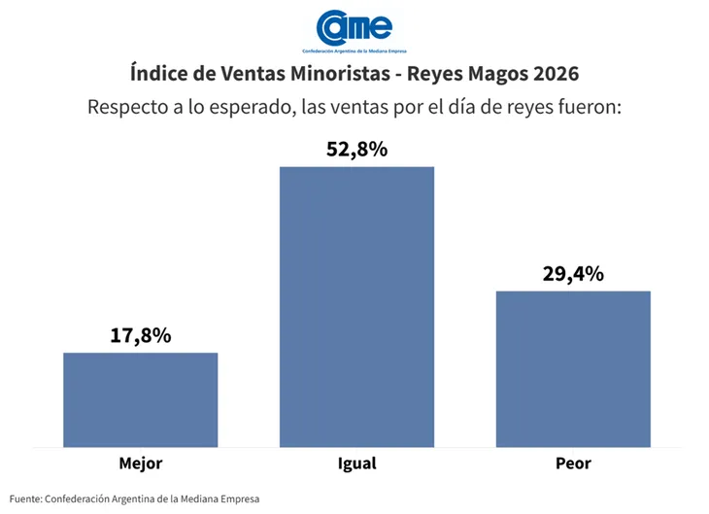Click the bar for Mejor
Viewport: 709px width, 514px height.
[x=141, y=399]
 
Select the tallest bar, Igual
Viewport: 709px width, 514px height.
[x=356, y=306]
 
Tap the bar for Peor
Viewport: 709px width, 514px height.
[x=573, y=369]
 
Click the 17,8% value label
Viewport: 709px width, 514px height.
[x=141, y=335]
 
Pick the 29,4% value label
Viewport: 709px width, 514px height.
[x=573, y=273]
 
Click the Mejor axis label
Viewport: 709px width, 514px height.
[x=141, y=463]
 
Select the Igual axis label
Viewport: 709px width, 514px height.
[x=356, y=463]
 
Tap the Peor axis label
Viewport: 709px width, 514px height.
[x=573, y=463]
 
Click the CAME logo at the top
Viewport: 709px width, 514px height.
[x=354, y=29]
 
